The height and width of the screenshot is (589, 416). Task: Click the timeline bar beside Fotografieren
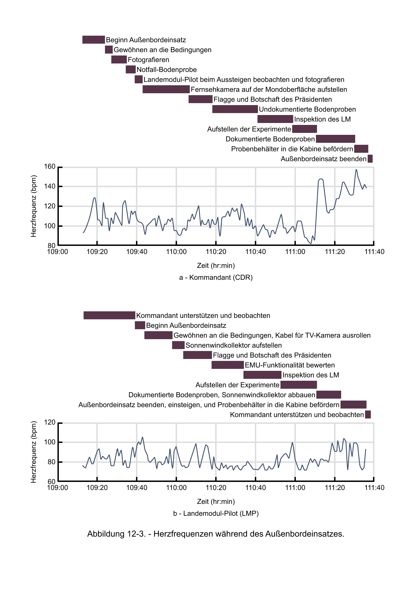(x=119, y=59)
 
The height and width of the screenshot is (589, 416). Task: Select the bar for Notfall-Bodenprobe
(x=131, y=70)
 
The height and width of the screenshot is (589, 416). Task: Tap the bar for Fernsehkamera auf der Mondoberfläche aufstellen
(x=166, y=89)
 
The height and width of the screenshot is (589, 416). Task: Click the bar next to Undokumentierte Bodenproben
(x=235, y=109)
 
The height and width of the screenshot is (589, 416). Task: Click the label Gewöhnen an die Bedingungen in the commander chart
(x=163, y=50)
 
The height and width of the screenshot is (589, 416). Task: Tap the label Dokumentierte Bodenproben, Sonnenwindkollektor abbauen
(x=222, y=395)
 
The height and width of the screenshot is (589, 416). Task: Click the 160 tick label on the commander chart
(x=50, y=167)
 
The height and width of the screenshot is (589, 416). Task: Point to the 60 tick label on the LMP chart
(x=51, y=482)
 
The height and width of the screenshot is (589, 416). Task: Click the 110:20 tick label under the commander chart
(x=216, y=252)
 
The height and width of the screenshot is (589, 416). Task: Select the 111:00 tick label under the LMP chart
(x=295, y=488)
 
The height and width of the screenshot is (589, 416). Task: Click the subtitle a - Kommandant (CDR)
(x=216, y=278)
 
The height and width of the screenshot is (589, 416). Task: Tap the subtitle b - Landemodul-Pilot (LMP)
(x=216, y=513)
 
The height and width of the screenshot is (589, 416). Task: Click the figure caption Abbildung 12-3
(x=216, y=534)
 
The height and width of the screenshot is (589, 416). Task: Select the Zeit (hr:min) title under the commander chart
(x=216, y=265)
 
